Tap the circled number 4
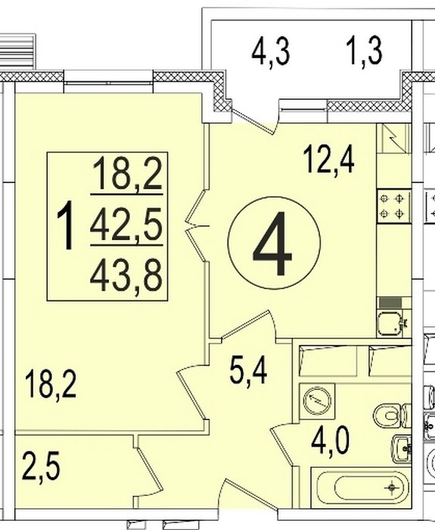(274, 243)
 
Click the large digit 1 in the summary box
(65, 225)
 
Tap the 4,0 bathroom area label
(330, 441)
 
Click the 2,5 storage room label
(41, 468)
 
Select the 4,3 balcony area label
(271, 52)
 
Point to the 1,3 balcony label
(365, 51)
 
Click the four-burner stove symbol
(393, 207)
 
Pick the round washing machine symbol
(317, 401)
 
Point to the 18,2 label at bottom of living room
(51, 385)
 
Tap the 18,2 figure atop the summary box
(128, 174)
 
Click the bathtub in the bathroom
(360, 488)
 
